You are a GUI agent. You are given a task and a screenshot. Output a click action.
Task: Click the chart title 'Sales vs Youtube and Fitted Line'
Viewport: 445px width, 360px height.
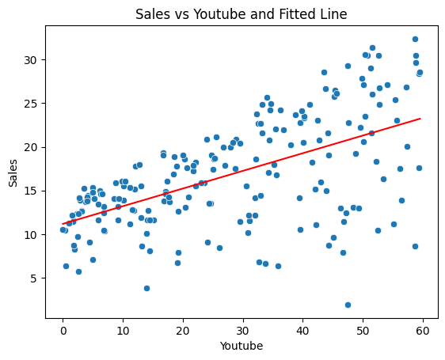click(x=242, y=14)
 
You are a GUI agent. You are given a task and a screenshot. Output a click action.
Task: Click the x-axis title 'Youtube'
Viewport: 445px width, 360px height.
click(x=242, y=346)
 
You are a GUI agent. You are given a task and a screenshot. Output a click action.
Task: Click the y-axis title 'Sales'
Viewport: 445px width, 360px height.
click(x=13, y=172)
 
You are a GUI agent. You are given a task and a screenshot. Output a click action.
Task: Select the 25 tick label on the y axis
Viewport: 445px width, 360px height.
click(x=31, y=104)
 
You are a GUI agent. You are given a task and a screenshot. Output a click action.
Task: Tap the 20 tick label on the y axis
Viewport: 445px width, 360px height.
click(x=31, y=147)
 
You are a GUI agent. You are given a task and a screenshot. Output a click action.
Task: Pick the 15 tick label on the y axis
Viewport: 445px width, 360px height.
click(x=31, y=191)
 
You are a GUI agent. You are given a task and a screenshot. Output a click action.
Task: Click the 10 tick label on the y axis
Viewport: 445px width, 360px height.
click(x=31, y=235)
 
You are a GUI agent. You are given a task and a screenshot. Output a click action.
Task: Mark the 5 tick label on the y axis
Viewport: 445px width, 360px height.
click(x=35, y=279)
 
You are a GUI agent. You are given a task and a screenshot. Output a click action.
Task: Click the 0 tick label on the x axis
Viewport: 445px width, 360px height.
click(x=63, y=331)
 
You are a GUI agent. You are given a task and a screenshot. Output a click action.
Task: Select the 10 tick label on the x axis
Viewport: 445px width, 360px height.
click(x=123, y=331)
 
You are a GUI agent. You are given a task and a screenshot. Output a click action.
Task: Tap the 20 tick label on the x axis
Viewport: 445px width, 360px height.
click(x=183, y=331)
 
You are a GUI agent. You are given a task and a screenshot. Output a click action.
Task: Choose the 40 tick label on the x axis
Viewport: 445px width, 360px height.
click(x=302, y=331)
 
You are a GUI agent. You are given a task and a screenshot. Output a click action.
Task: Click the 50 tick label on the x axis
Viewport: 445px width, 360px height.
click(x=363, y=331)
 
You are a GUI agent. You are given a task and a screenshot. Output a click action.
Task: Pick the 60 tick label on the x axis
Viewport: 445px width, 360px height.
click(x=423, y=331)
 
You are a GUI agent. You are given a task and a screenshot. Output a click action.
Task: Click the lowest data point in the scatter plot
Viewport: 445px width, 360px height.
click(x=348, y=305)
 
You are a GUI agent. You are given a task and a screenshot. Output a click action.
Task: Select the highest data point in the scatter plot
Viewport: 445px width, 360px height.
click(x=415, y=39)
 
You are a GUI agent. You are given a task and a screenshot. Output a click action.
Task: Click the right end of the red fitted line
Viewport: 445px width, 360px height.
click(x=420, y=119)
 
